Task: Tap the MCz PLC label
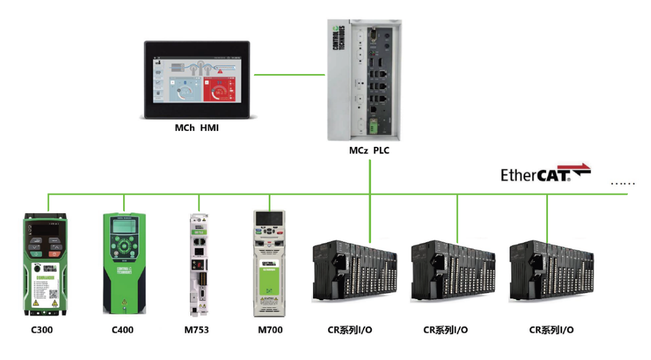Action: (369, 151)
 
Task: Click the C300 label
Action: (41, 330)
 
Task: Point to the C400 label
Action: (123, 330)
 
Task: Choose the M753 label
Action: (196, 330)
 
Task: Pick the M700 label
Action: (270, 330)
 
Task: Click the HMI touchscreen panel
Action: (198, 78)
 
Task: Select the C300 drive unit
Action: (42, 263)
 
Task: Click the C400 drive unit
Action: (124, 263)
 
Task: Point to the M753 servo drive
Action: (197, 263)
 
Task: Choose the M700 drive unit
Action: (269, 263)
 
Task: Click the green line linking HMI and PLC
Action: (289, 75)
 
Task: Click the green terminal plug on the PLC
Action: (373, 126)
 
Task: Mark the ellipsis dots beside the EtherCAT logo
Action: (622, 183)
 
